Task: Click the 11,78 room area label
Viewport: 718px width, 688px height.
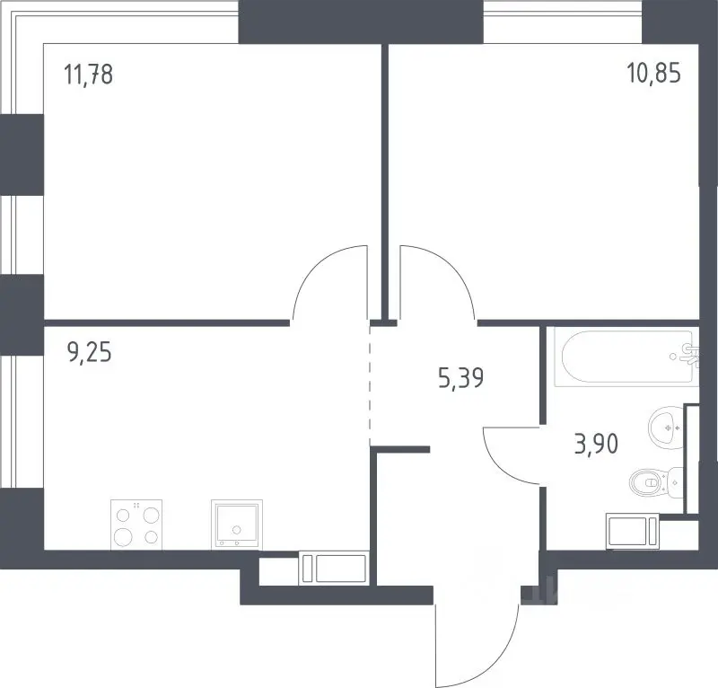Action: click(x=88, y=75)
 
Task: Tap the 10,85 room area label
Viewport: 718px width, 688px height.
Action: click(x=653, y=73)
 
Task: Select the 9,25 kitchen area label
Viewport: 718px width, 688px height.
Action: click(x=89, y=353)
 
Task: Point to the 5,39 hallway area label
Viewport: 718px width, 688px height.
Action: click(x=460, y=379)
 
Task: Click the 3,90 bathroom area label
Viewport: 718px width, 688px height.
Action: click(x=596, y=444)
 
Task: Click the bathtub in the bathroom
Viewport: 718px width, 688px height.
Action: click(x=626, y=357)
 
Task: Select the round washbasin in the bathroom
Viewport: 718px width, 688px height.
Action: click(x=666, y=428)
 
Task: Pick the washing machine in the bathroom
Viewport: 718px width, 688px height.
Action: click(x=633, y=531)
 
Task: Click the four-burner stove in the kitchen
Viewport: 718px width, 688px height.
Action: click(x=136, y=525)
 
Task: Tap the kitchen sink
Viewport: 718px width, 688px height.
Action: click(x=237, y=525)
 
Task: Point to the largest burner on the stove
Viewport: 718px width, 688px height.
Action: click(x=123, y=536)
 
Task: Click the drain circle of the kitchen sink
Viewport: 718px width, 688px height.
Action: click(x=237, y=530)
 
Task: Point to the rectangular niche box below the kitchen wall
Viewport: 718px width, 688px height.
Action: click(x=333, y=569)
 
